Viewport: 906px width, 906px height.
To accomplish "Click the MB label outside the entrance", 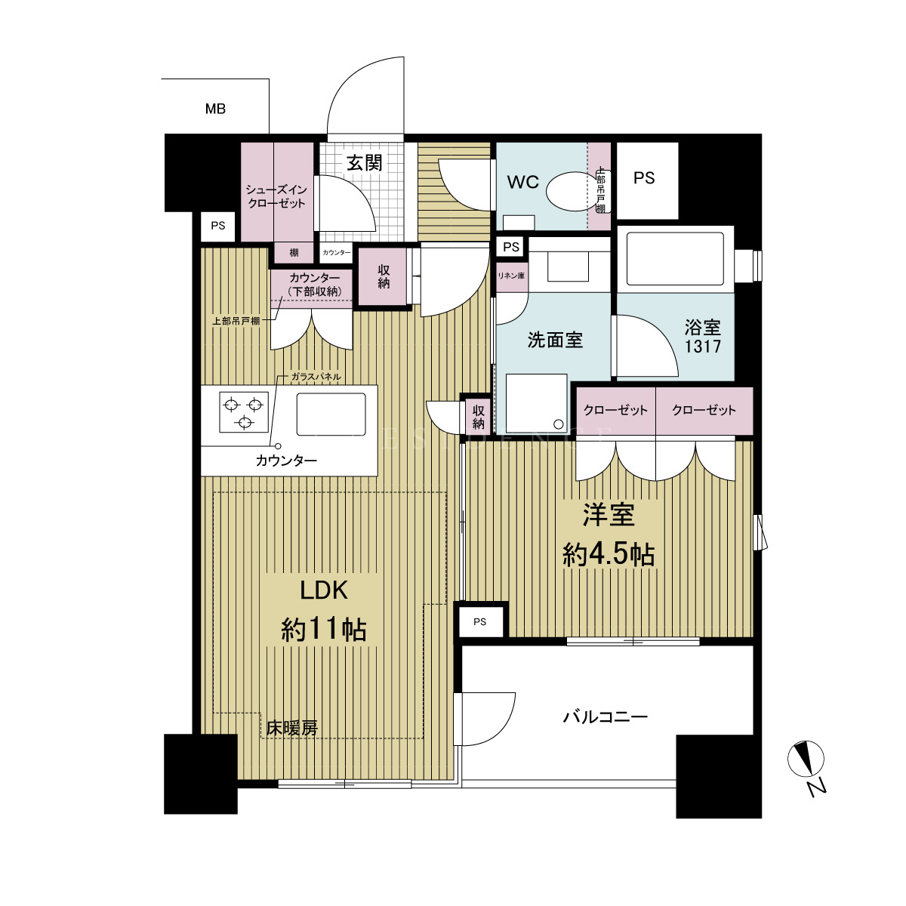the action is [x=215, y=109].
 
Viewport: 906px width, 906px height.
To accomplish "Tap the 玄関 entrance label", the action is [x=365, y=163].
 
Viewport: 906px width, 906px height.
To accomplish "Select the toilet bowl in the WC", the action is [x=568, y=192].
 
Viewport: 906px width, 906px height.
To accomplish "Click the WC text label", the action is [x=522, y=182].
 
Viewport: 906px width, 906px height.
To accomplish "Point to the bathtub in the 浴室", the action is [x=675, y=259].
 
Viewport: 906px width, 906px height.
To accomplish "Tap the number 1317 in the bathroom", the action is [x=702, y=347].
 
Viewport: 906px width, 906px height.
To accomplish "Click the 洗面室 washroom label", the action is [x=555, y=340].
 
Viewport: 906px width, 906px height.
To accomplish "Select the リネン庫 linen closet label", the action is [x=511, y=276].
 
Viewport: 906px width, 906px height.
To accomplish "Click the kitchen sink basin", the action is [x=331, y=414].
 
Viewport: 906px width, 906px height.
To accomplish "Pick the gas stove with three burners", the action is [x=244, y=412].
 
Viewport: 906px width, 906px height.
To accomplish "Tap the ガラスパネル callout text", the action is [x=316, y=377].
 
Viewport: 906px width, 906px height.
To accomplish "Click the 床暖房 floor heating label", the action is [x=292, y=729].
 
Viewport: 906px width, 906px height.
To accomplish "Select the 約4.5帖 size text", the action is [x=609, y=556].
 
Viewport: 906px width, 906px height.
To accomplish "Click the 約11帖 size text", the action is [x=323, y=630].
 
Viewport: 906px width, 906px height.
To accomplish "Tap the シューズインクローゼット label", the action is [x=276, y=196].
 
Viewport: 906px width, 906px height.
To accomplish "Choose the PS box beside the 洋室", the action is [x=480, y=622].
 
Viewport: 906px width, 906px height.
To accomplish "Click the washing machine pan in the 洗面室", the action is [x=537, y=403].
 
